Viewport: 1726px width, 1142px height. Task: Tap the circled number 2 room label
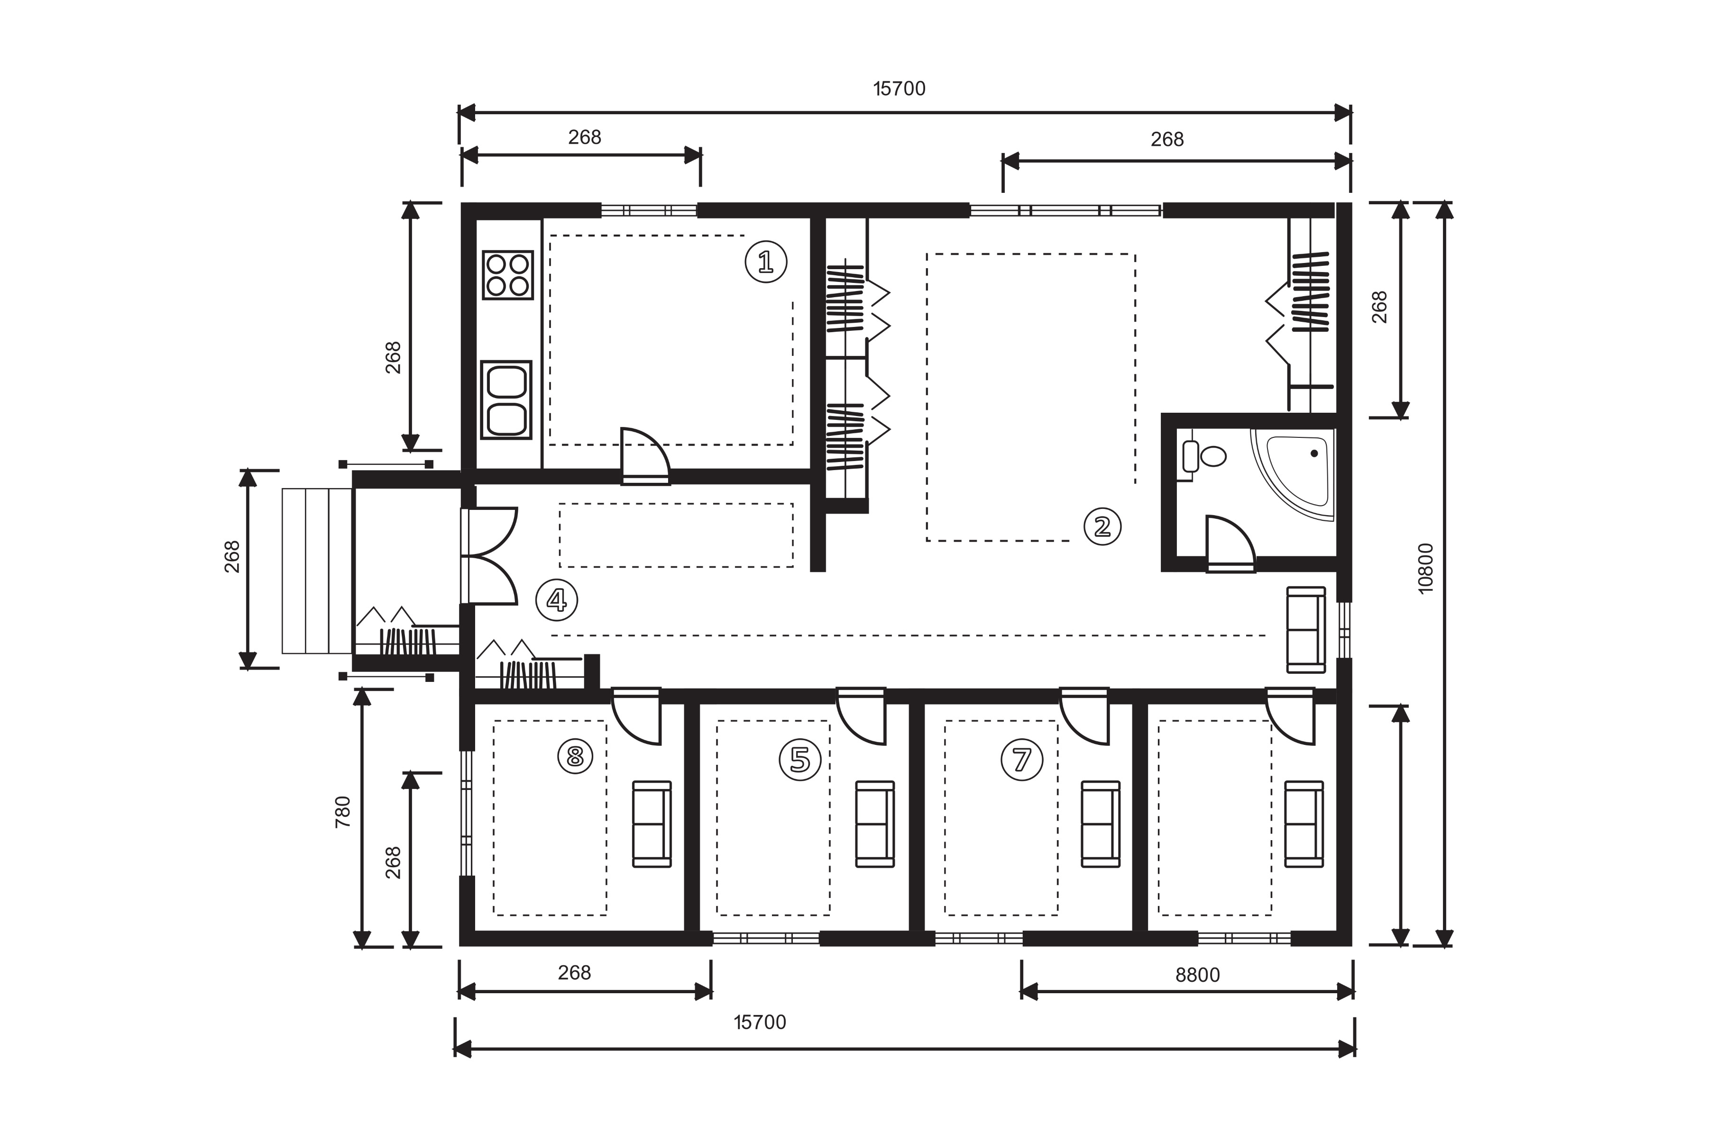tap(1102, 526)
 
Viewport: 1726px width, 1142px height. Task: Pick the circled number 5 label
tap(800, 760)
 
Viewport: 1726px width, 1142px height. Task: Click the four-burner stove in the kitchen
tap(508, 275)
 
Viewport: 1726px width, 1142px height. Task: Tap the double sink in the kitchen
tap(507, 400)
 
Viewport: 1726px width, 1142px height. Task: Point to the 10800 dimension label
tap(1426, 568)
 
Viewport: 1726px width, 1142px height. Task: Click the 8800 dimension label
tap(1197, 974)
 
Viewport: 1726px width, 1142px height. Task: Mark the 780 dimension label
tap(342, 811)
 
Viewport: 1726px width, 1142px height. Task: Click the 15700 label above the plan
tap(899, 89)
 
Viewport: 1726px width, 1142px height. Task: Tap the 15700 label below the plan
tap(760, 1023)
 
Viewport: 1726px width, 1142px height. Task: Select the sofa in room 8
tap(652, 824)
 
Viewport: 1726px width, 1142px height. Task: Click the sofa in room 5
tap(875, 824)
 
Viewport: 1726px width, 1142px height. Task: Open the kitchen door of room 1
tap(645, 456)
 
